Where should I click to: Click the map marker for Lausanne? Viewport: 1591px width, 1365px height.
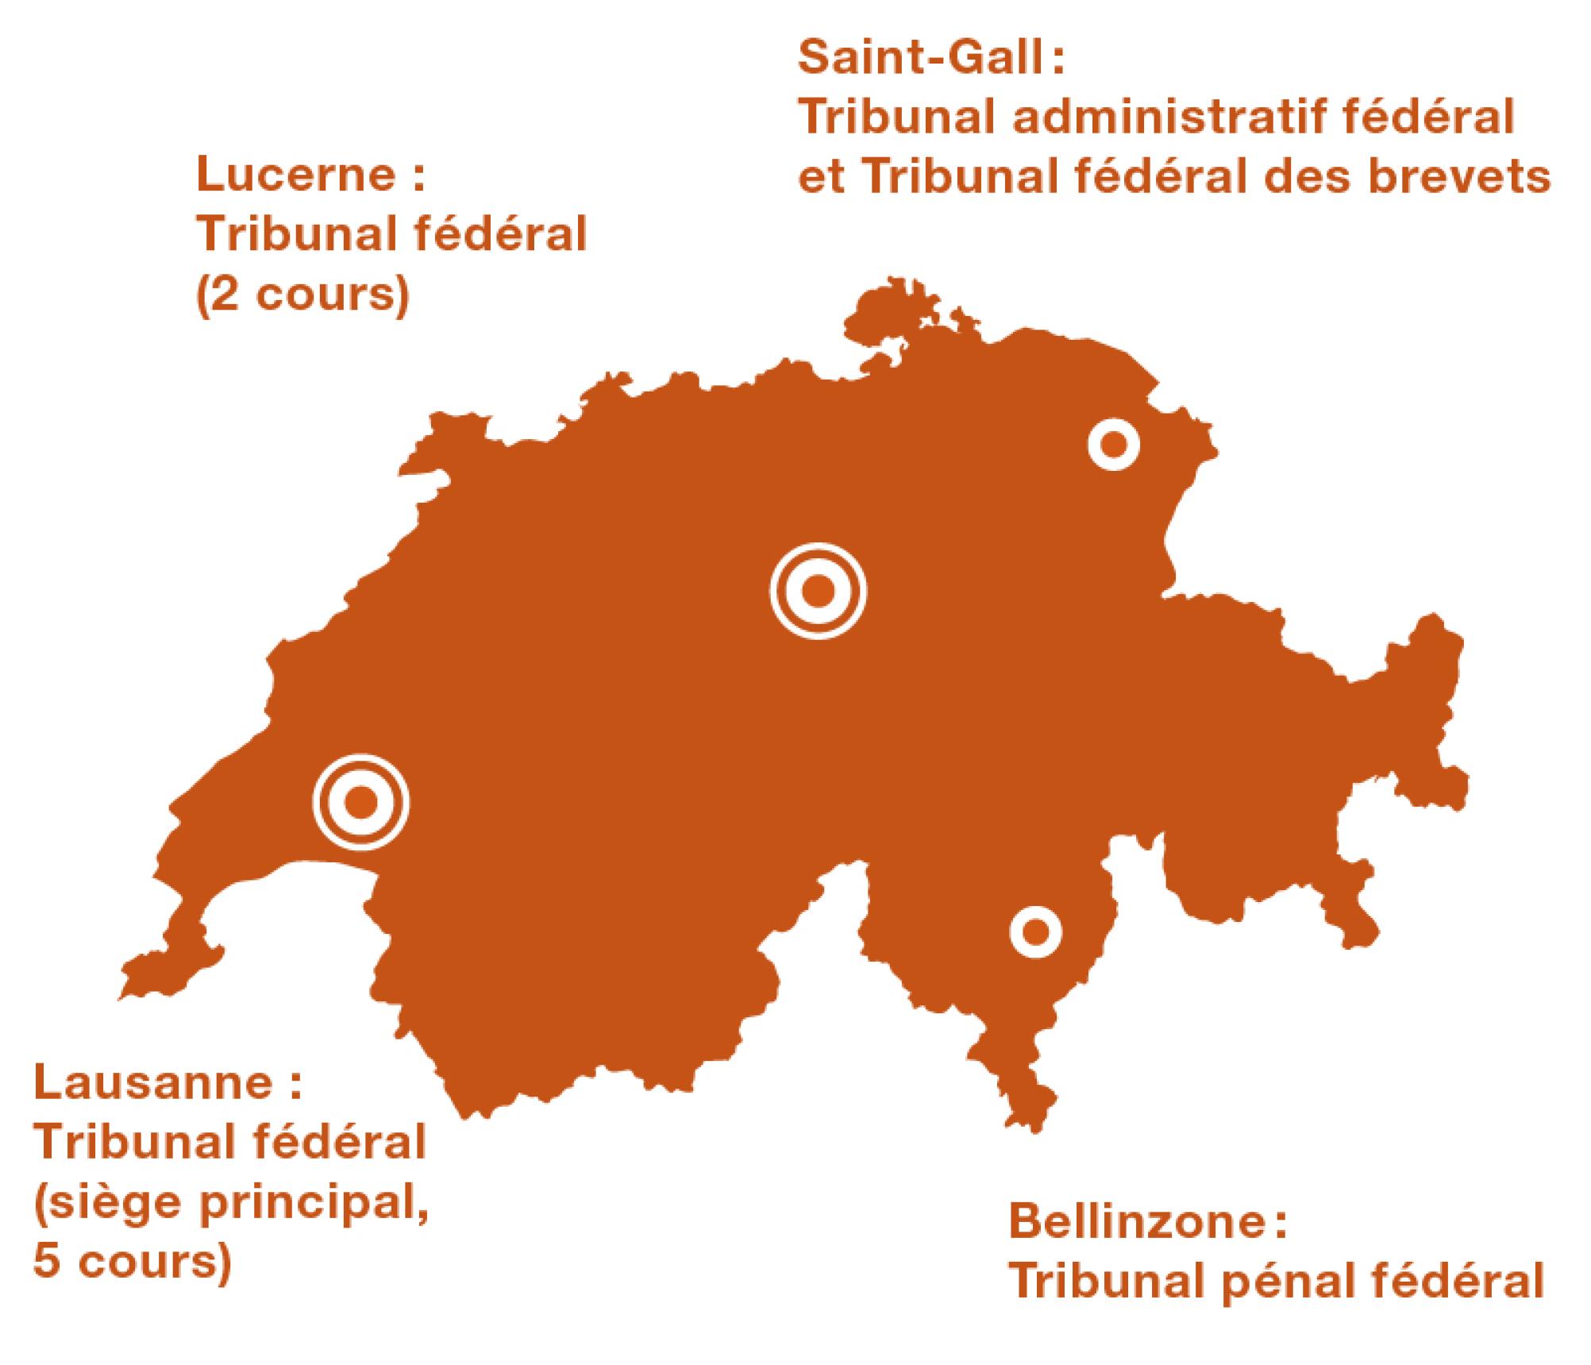click(361, 802)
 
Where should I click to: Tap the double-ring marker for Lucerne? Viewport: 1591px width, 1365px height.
click(818, 590)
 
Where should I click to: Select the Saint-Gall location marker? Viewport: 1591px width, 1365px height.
click(1113, 445)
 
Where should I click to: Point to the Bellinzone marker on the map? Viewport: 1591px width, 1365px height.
click(1035, 931)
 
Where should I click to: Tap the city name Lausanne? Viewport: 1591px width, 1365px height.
click(154, 1085)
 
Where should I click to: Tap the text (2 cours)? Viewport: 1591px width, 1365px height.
click(302, 295)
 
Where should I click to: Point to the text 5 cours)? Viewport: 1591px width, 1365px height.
click(133, 1261)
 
